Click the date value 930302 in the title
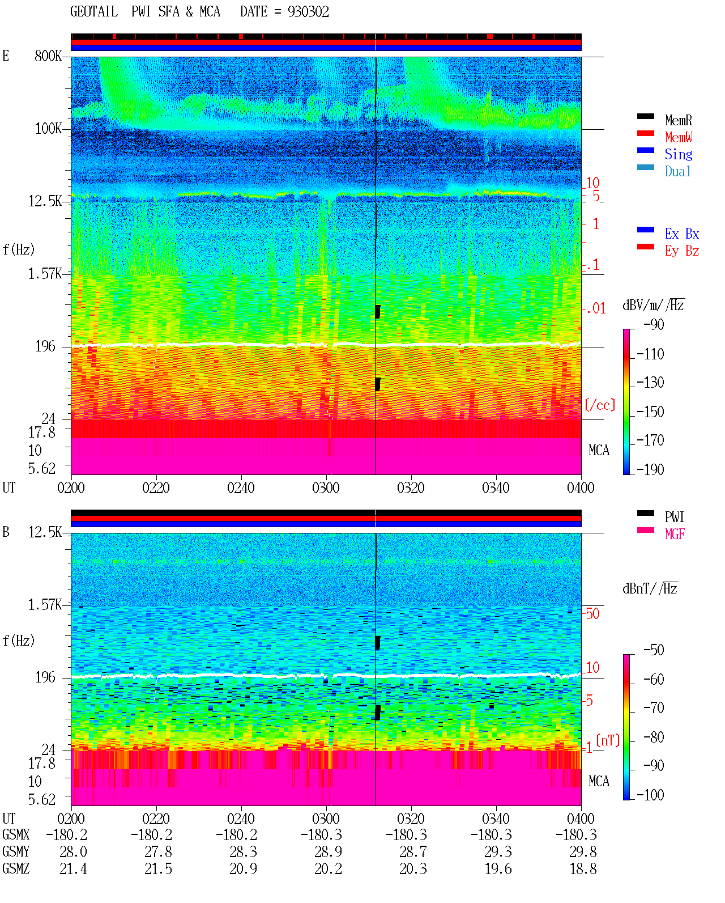[308, 12]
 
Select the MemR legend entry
[679, 120]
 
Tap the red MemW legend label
[679, 137]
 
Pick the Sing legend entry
[679, 154]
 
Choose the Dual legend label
[678, 171]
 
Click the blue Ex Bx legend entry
[682, 234]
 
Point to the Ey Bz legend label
[682, 251]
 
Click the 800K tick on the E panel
[48, 56]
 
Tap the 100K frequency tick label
[48, 129]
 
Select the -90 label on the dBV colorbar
[654, 324]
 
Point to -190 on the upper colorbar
[650, 469]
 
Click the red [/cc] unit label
[600, 405]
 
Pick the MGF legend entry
[675, 534]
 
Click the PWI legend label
[675, 517]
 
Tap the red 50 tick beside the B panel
[592, 614]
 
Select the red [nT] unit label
[608, 740]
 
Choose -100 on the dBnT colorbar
[650, 795]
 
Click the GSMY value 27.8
[159, 852]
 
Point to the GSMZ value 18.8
[583, 868]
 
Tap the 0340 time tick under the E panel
[496, 487]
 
